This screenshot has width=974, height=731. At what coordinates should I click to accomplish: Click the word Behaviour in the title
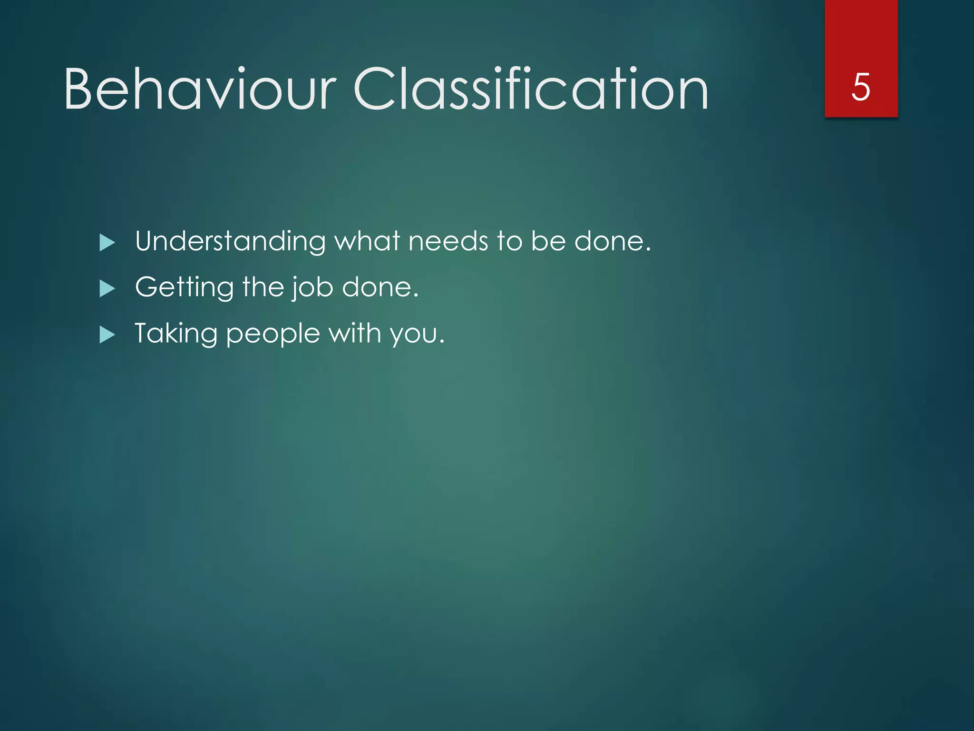(x=200, y=89)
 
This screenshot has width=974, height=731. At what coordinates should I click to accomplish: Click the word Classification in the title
(x=530, y=89)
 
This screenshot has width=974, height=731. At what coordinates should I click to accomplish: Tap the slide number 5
(x=861, y=87)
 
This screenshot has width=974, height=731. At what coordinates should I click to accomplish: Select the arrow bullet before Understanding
(x=107, y=243)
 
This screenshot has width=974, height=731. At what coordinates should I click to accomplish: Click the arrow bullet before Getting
(x=107, y=289)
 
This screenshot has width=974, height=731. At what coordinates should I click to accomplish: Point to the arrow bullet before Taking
(x=107, y=335)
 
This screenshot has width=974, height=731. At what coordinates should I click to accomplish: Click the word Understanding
(x=230, y=241)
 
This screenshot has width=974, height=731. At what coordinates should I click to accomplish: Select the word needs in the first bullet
(x=448, y=241)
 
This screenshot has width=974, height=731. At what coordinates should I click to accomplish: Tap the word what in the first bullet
(x=367, y=241)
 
